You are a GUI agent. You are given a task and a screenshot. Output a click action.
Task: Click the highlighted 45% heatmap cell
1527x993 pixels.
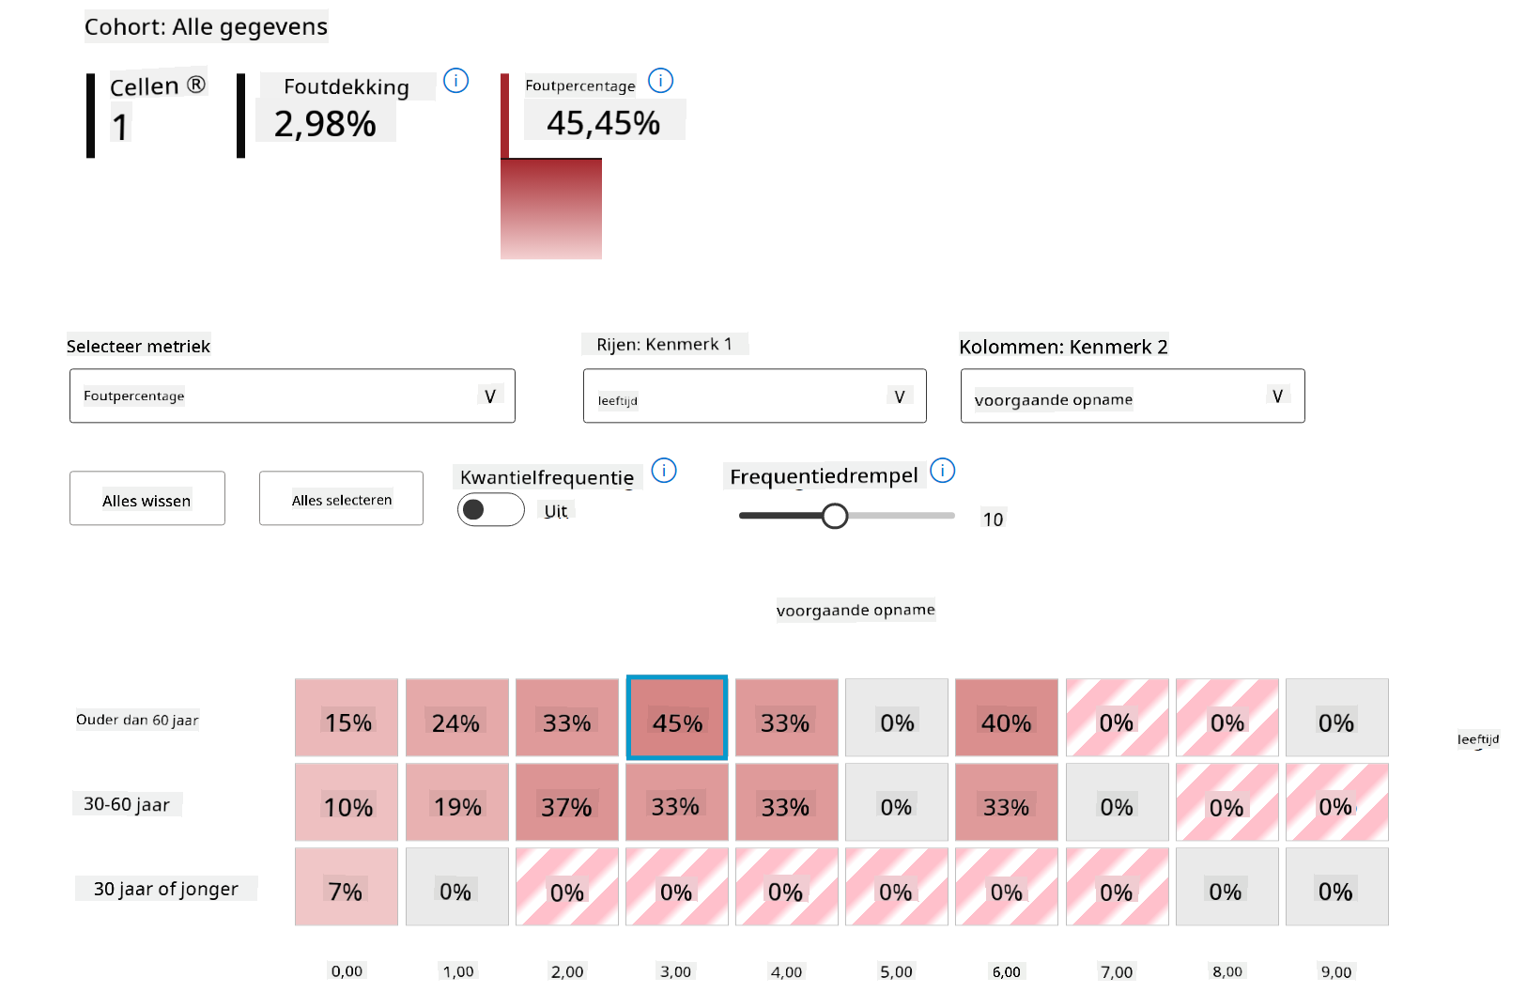coord(676,718)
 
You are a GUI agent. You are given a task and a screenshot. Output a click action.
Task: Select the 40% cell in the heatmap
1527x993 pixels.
coord(1006,718)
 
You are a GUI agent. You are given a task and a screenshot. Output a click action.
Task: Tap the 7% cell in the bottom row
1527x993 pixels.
coord(346,887)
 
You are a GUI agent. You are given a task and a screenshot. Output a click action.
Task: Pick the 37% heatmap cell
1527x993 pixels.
coord(566,802)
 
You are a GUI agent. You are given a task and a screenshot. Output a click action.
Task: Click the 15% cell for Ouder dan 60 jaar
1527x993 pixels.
coord(347,718)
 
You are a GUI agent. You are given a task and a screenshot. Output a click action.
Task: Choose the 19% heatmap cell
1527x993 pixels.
coord(456,802)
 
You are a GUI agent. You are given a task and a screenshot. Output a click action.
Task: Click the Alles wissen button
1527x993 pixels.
coord(147,499)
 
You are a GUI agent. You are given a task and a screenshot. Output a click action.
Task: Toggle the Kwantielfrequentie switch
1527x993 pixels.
coord(490,510)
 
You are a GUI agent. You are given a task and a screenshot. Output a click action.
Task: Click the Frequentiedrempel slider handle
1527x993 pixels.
coord(834,516)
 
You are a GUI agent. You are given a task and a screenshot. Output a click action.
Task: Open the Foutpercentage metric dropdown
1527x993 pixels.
coord(292,396)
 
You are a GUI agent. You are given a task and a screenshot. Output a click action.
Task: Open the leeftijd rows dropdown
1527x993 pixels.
coord(754,396)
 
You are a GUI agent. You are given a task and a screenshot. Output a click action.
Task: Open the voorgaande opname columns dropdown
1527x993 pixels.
coord(1132,396)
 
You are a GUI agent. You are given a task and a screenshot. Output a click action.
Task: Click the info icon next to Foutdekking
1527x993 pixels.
coord(455,81)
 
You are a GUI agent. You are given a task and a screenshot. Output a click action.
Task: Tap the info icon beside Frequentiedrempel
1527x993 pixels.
coord(942,470)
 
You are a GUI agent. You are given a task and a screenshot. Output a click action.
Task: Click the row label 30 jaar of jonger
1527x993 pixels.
coord(166,889)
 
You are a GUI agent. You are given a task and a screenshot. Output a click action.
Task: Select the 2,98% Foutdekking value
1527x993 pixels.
coord(325,124)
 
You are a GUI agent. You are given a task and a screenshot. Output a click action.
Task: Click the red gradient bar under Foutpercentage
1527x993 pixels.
coord(551,209)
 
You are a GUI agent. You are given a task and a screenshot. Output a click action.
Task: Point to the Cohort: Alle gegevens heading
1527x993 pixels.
coord(206,27)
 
